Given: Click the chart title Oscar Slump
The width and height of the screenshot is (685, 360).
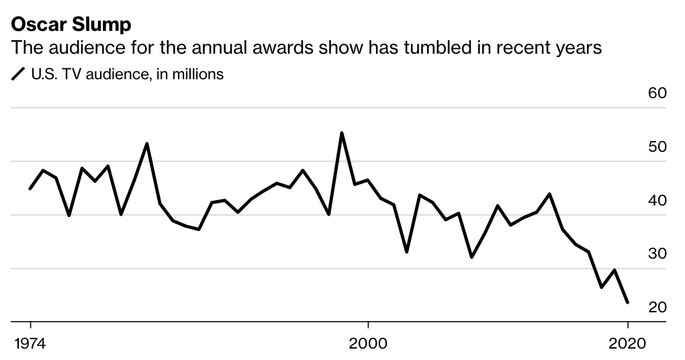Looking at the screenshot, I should tap(71, 25).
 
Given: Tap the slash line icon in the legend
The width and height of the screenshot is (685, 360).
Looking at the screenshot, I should tap(18, 75).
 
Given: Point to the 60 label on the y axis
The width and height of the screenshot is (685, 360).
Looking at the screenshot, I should tap(657, 93).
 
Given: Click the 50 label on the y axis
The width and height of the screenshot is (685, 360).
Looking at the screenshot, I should tap(657, 147).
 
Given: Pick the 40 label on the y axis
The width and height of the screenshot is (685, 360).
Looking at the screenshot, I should tap(657, 201).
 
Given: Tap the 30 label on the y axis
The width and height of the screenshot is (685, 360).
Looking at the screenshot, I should tap(657, 254).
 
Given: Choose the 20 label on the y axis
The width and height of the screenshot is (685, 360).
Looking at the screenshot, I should tap(657, 308).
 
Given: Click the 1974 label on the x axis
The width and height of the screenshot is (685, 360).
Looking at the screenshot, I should tap(30, 343).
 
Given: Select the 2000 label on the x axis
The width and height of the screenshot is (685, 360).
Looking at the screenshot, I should tap(368, 343).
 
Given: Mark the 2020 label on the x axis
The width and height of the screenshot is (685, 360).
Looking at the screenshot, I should tap(627, 343).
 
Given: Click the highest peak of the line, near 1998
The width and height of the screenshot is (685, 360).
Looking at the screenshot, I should tap(342, 133).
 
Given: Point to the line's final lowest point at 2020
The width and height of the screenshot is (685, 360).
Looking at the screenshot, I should tap(627, 302).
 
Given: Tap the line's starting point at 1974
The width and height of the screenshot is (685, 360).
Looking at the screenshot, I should tap(30, 189).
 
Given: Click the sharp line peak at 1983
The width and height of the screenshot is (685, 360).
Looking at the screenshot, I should tap(147, 143).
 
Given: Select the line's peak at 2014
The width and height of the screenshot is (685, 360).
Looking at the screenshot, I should tap(550, 193).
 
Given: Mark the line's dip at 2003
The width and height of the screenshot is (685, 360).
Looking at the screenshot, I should tap(407, 252).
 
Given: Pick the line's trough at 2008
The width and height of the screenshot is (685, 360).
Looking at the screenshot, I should tap(472, 257).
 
